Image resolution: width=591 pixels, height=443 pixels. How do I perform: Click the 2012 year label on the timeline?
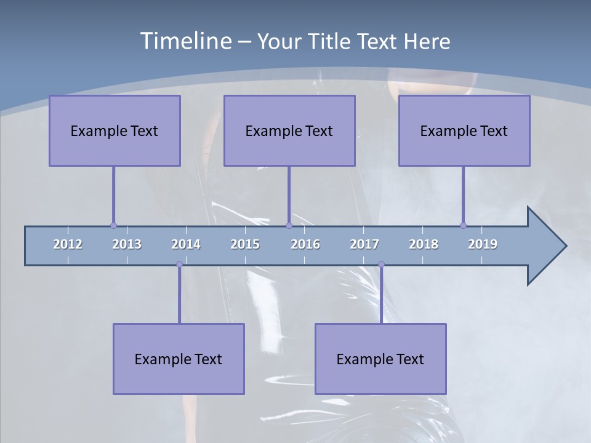click(x=68, y=244)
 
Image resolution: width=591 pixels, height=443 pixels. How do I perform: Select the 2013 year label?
click(x=127, y=244)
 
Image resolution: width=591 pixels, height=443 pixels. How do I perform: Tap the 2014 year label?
click(x=186, y=244)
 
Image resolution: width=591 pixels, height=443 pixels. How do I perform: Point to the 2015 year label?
click(x=245, y=244)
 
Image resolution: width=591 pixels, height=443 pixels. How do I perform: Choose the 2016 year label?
click(x=305, y=244)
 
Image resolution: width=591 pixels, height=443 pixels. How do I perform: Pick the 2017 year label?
click(x=364, y=244)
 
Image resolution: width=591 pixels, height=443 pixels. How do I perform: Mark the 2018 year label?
click(x=424, y=244)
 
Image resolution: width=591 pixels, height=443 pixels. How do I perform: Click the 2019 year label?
click(x=483, y=244)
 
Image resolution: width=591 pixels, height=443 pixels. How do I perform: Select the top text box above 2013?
click(x=115, y=130)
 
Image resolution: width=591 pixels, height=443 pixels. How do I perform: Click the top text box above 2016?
click(x=289, y=130)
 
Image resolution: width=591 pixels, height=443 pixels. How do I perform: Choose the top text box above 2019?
click(x=464, y=130)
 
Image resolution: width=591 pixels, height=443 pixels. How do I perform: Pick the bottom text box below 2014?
click(x=179, y=359)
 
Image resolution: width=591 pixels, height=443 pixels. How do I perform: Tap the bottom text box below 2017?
click(x=380, y=359)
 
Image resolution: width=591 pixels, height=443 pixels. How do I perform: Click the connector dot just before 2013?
click(x=113, y=225)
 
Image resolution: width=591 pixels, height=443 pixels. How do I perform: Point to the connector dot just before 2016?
click(x=289, y=225)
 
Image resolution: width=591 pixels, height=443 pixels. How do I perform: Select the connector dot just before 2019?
click(x=463, y=225)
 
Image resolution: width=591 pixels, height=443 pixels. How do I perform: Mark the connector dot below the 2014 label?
click(x=179, y=265)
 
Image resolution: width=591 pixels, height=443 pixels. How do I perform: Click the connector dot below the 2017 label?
click(x=381, y=265)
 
